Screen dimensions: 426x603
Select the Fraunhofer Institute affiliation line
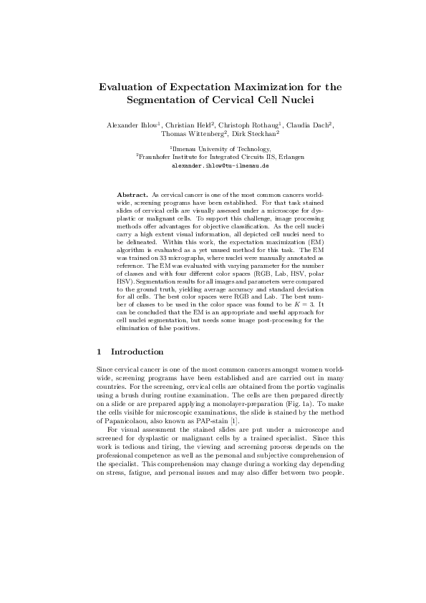tap(213, 156)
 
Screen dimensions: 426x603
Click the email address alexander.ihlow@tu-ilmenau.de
tap(213, 165)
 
